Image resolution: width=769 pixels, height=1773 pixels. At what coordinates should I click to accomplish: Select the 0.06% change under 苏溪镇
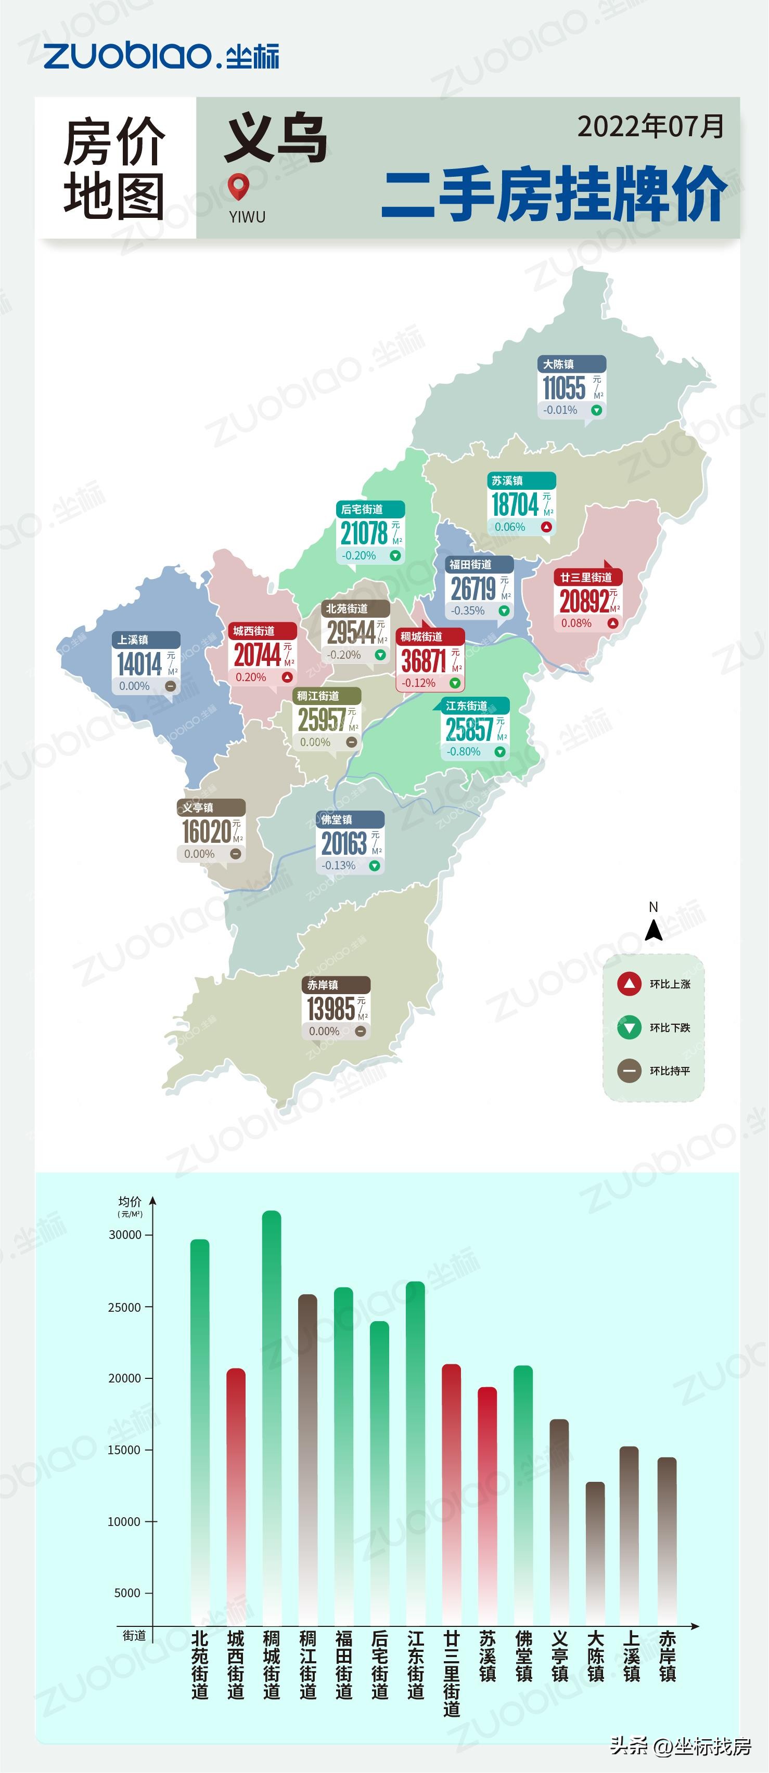(x=509, y=527)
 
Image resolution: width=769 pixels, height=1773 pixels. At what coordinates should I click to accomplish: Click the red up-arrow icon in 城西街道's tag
(x=287, y=677)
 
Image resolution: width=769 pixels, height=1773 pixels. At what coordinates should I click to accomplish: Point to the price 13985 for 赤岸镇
(x=330, y=1009)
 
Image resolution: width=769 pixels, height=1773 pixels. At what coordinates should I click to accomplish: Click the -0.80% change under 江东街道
(x=464, y=752)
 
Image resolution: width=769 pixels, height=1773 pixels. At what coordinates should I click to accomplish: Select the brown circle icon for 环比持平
(x=629, y=1071)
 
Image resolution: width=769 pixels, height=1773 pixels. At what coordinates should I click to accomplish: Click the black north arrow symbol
(x=653, y=931)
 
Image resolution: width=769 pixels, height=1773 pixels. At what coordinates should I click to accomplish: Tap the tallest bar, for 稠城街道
(x=272, y=1418)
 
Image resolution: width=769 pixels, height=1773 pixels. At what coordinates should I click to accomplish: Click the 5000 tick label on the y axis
(x=127, y=1593)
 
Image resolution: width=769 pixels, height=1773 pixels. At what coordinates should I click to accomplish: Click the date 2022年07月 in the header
(x=650, y=127)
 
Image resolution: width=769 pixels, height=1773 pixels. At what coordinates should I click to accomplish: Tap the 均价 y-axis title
(x=130, y=1201)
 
